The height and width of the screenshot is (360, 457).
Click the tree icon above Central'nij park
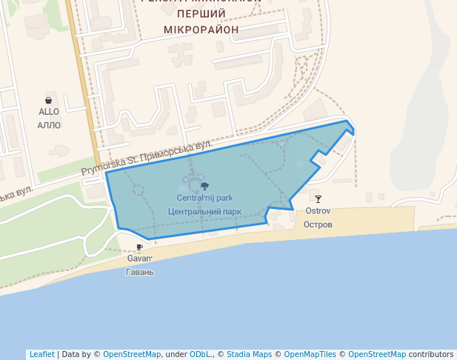tap(204, 186)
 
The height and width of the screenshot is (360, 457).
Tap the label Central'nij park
tap(204, 198)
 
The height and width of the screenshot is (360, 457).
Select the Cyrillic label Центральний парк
tap(204, 211)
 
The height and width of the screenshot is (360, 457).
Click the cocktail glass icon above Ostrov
tap(318, 199)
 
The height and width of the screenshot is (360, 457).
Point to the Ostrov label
tap(318, 210)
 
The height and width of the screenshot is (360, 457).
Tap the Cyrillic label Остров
tap(318, 224)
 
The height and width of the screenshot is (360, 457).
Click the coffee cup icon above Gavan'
tap(139, 247)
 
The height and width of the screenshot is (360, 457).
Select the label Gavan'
tap(139, 259)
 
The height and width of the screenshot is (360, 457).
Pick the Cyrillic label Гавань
tap(139, 272)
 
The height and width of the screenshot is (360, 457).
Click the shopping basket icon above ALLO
tap(49, 100)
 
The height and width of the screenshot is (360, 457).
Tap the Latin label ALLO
tap(49, 112)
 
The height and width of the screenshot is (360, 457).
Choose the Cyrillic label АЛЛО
tap(49, 125)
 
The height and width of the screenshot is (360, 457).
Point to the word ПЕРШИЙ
tap(201, 14)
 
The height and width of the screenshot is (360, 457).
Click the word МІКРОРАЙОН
tap(201, 30)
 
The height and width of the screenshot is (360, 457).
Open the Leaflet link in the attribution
tap(42, 354)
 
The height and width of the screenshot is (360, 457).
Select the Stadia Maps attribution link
tap(249, 354)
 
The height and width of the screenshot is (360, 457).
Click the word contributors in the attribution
tap(431, 354)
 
